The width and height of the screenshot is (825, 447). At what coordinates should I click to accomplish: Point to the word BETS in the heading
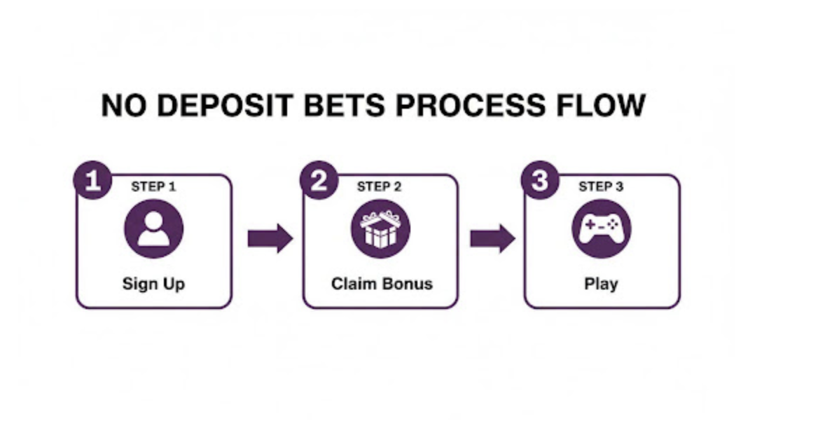coord(347,106)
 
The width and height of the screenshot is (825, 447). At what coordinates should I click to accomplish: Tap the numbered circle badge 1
coord(92,181)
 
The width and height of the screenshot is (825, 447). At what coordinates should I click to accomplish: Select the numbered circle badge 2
coord(319,181)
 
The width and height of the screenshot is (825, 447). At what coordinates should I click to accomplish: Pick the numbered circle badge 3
coord(539,181)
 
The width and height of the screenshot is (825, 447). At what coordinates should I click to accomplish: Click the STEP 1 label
coord(153,187)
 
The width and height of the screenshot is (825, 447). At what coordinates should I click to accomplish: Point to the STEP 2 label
coord(379,187)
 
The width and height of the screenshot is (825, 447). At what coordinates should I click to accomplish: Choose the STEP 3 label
coord(601,187)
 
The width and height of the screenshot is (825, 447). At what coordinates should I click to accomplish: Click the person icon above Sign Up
coord(153,229)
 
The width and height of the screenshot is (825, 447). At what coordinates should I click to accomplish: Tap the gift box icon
coord(380,229)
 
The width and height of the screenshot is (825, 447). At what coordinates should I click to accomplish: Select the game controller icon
coord(601,229)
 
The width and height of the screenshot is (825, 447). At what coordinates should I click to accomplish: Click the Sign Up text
coord(153,284)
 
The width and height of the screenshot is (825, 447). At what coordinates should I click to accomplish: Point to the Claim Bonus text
coord(382,284)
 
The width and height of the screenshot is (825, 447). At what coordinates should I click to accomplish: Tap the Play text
coord(601,284)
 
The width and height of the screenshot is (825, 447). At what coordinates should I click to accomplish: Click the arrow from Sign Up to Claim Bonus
coord(269,239)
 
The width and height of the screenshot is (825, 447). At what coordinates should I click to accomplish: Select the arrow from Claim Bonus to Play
coord(492,239)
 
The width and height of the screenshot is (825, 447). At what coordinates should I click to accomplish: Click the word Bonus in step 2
coord(406,284)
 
